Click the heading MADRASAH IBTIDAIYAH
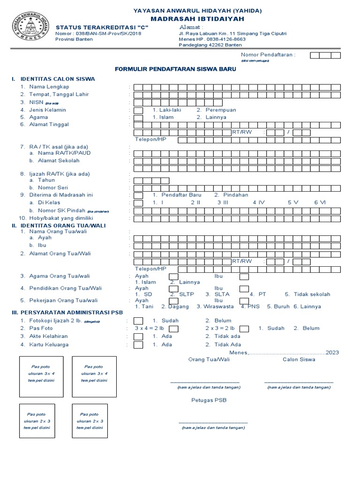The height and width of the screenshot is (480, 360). pos(197,19)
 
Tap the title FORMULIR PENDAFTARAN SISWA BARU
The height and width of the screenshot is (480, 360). pos(175,69)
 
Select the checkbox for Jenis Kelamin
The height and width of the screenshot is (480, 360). pos(138,111)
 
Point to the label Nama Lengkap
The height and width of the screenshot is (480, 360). pos(49,87)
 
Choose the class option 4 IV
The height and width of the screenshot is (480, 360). pos(259,202)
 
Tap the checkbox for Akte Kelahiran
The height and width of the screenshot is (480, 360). pos(138,337)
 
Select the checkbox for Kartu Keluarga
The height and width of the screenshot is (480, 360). pos(138,345)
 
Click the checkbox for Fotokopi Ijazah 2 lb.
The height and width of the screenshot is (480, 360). pos(138,321)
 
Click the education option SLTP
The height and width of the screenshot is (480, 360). pos(187,294)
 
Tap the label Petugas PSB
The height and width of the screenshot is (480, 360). pos(209,400)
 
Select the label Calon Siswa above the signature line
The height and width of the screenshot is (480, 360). pos(299,360)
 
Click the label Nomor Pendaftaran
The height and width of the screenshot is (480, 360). pos(268,55)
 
